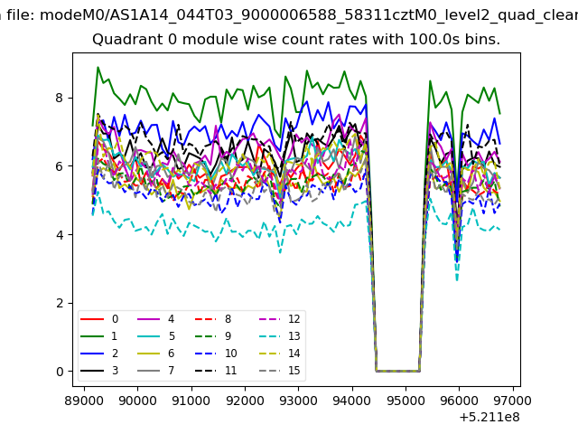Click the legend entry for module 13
[282, 335]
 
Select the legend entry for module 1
[98, 335]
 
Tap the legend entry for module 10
[216, 354]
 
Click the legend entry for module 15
[282, 370]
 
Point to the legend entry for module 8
[213, 319]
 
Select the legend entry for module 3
[98, 370]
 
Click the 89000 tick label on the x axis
[84, 401]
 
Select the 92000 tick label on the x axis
[245, 401]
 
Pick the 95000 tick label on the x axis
[406, 401]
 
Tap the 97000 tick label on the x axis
[513, 401]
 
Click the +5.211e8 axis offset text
[489, 418]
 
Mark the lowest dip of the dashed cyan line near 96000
[457, 281]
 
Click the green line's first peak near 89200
[98, 67]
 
